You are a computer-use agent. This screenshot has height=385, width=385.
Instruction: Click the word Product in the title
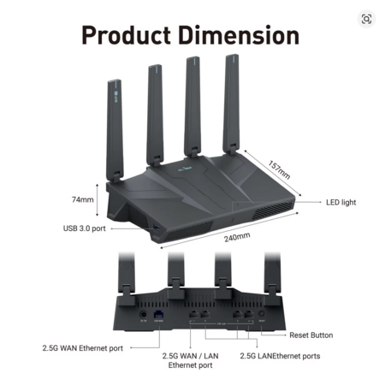[x=127, y=35]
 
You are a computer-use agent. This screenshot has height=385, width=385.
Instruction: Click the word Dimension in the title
[x=239, y=35]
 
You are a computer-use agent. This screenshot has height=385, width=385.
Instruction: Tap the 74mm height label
[x=83, y=199]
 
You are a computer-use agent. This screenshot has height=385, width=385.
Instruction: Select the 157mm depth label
[x=279, y=170]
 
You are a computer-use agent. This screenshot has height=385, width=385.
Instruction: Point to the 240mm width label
[x=237, y=237]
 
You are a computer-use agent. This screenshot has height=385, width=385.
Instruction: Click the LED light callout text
[x=341, y=202]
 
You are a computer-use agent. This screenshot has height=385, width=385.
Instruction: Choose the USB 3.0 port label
[x=85, y=228]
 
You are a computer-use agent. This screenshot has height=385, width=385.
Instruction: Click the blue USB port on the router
[x=157, y=228]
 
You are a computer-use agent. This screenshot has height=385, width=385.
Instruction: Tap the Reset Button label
[x=311, y=335]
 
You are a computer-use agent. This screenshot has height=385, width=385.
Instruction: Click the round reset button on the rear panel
[x=261, y=314]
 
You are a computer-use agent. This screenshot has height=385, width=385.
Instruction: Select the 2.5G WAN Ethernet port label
[x=83, y=348]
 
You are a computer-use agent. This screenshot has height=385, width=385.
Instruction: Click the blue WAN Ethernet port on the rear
[x=158, y=315]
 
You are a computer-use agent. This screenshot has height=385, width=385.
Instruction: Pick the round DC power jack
[x=144, y=315]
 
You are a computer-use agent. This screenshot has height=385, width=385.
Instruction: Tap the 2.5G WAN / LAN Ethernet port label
[x=191, y=360]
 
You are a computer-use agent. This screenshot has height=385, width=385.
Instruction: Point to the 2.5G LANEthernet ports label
[x=280, y=356]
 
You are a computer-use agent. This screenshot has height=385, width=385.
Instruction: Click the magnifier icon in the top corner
[x=366, y=19]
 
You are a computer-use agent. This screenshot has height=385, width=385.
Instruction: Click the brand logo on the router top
[x=185, y=169]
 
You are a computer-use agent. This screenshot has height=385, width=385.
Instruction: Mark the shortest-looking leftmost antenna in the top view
[x=115, y=131]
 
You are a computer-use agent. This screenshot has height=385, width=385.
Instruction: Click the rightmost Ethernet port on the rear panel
[x=249, y=315]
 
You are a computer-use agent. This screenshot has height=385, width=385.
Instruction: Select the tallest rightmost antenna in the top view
[x=231, y=104]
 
